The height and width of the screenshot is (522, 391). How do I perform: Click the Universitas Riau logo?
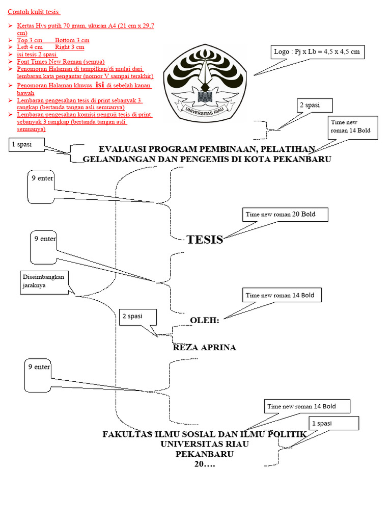click(205, 83)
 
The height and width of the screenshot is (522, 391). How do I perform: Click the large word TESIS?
click(205, 240)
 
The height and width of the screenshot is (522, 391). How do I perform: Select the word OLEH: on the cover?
click(205, 320)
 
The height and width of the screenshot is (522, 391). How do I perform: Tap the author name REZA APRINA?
click(205, 347)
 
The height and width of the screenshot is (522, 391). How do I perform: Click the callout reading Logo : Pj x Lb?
click(318, 52)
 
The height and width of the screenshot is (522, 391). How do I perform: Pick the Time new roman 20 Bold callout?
click(285, 215)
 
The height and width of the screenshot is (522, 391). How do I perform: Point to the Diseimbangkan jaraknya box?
click(44, 282)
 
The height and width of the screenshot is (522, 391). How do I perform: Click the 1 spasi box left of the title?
click(26, 145)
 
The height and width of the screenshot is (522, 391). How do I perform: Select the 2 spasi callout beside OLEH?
click(137, 317)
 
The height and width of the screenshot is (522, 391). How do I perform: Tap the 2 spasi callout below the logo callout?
click(315, 106)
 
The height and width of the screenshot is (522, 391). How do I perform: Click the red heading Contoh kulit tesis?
click(34, 12)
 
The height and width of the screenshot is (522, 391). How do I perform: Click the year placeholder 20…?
click(205, 464)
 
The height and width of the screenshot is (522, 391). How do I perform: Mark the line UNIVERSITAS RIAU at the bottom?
click(205, 444)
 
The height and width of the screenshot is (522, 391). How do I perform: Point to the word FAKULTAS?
click(127, 434)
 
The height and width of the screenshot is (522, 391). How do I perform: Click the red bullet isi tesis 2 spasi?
click(37, 54)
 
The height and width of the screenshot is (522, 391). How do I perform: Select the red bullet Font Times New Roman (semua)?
click(61, 62)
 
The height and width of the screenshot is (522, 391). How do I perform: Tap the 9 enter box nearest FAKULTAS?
click(38, 376)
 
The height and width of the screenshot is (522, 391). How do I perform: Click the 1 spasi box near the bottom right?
click(334, 424)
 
